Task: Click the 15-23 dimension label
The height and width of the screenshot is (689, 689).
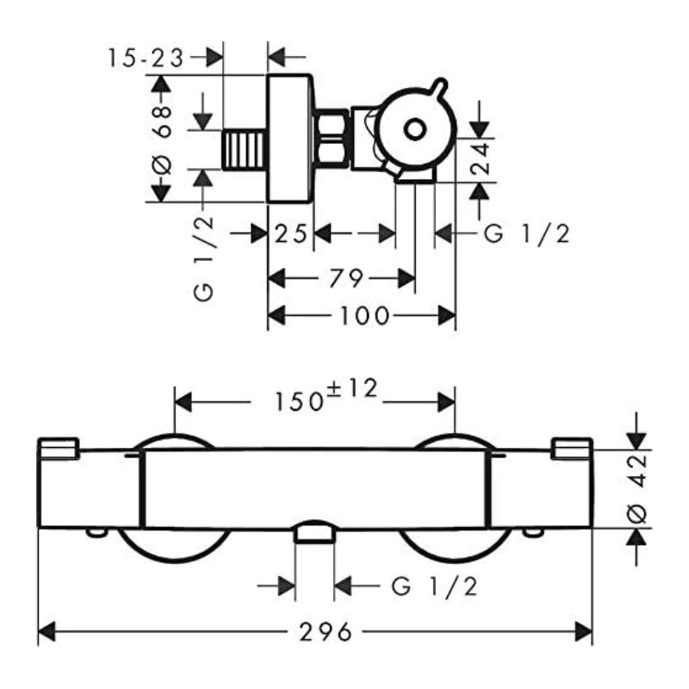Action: pyautogui.click(x=146, y=58)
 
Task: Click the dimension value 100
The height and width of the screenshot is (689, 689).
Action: pyautogui.click(x=362, y=316)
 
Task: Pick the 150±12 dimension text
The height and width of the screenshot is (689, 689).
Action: pyautogui.click(x=326, y=397)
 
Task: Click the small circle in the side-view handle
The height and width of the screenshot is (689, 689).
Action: pyautogui.click(x=415, y=130)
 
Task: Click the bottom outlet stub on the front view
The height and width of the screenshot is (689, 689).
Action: pyautogui.click(x=314, y=535)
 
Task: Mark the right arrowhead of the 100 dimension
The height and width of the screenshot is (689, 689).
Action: pyautogui.click(x=449, y=316)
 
